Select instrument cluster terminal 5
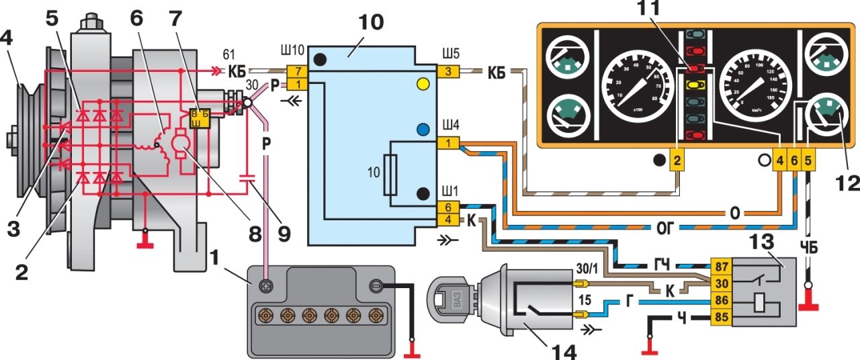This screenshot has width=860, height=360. [x=808, y=161]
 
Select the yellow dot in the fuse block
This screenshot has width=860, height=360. [x=423, y=84]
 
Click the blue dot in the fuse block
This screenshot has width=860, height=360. [x=423, y=130]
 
